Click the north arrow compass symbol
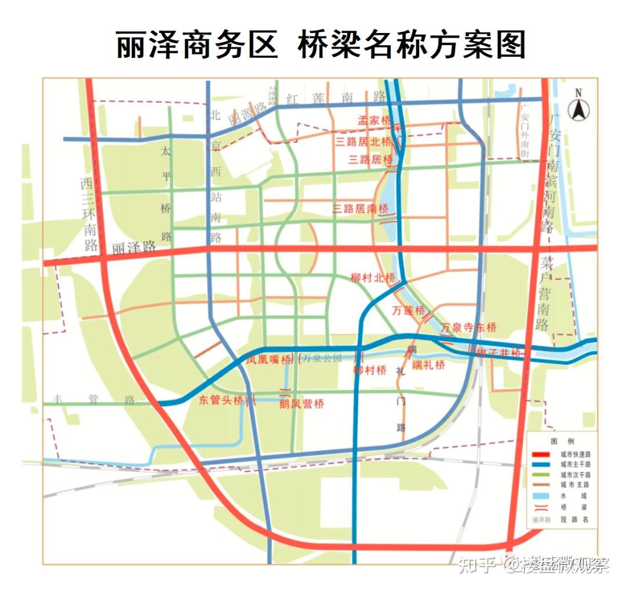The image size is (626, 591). tap(577, 107)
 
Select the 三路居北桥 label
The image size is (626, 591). tap(363, 141)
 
